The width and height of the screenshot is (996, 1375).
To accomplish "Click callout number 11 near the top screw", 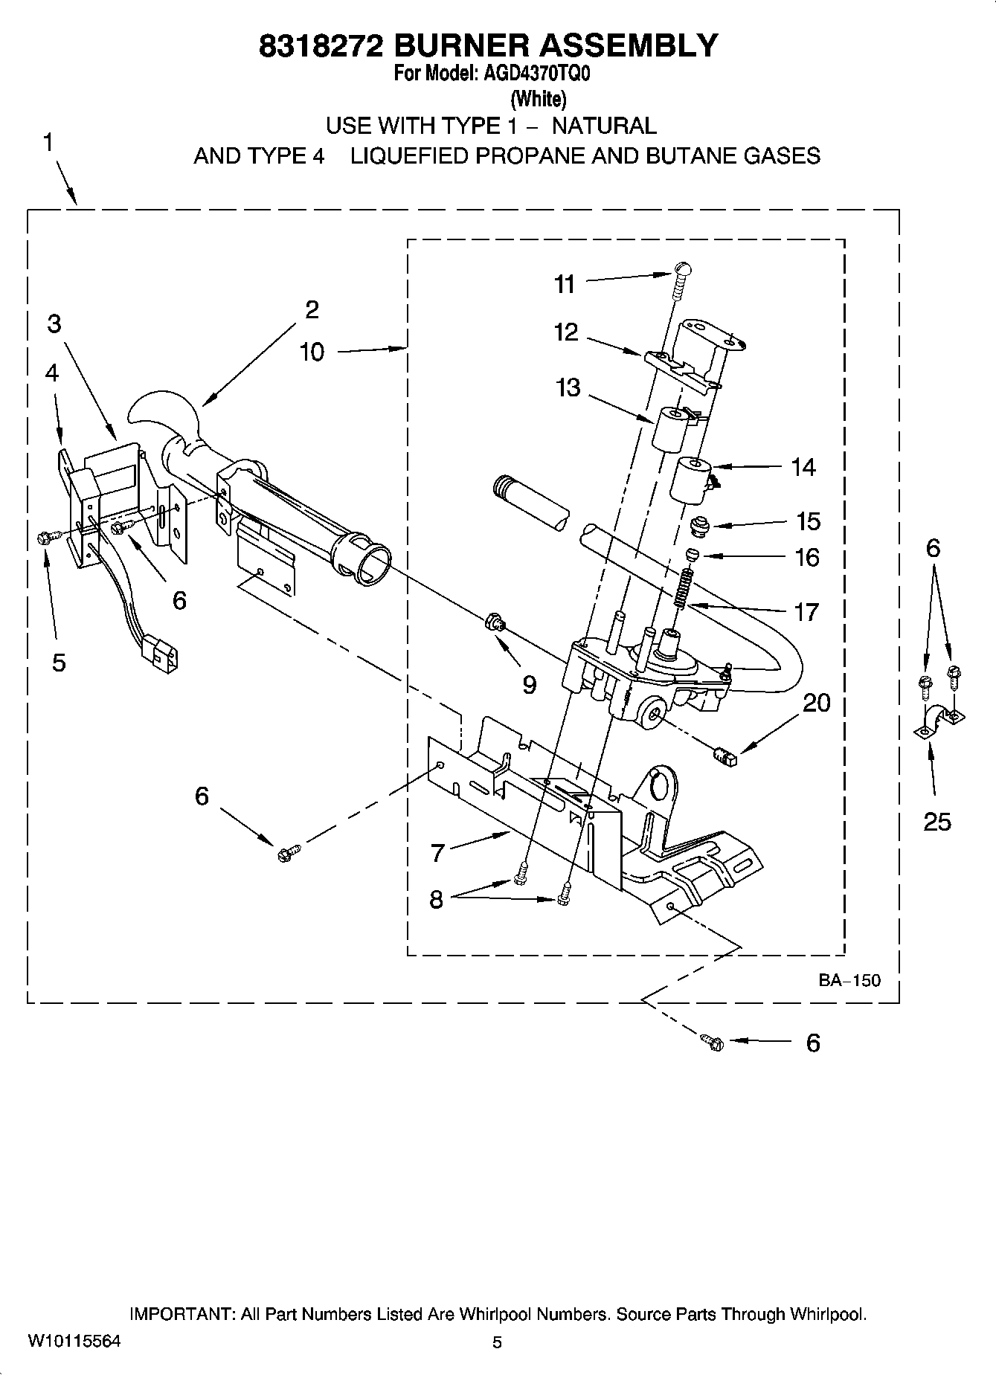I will [565, 284].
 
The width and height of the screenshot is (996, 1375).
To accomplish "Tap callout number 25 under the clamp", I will [936, 822].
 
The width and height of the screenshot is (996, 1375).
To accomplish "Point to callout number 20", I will [817, 703].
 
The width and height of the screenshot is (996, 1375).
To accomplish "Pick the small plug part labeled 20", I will [724, 757].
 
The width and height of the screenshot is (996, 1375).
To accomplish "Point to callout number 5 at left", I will [59, 663].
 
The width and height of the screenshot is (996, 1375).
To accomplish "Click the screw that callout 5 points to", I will [43, 537].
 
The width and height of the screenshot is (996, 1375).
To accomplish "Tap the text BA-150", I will [849, 980].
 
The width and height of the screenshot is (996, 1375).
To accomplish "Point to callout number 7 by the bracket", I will [437, 853].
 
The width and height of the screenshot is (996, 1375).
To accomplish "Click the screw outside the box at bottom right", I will [713, 1043].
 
